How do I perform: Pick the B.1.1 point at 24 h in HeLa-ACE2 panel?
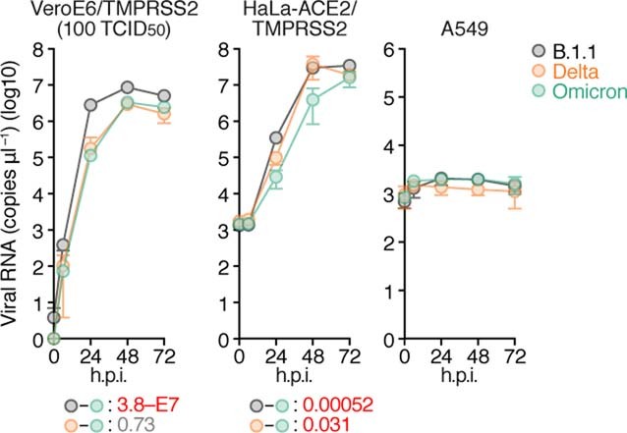[x=276, y=138]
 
